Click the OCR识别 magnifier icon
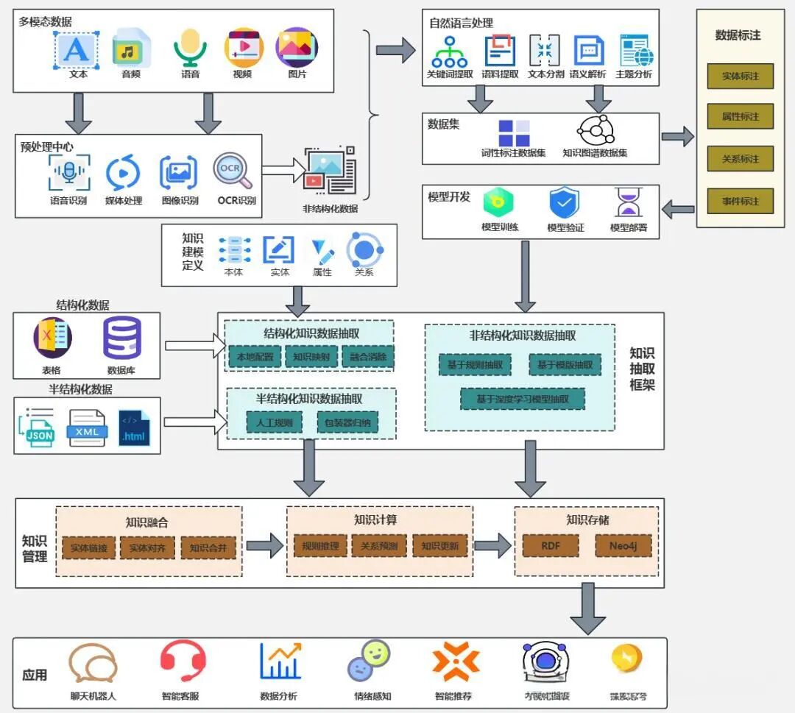(233, 172)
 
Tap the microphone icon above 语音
(190, 47)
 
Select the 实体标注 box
(740, 77)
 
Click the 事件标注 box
(740, 201)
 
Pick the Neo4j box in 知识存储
(623, 546)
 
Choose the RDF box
(551, 546)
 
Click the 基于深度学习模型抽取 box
(523, 399)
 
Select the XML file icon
(88, 428)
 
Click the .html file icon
(134, 428)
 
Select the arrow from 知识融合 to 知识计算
(264, 546)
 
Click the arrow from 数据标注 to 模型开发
(678, 210)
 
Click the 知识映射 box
(310, 358)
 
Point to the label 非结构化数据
(330, 208)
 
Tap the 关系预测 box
(379, 546)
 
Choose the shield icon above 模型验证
(565, 203)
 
